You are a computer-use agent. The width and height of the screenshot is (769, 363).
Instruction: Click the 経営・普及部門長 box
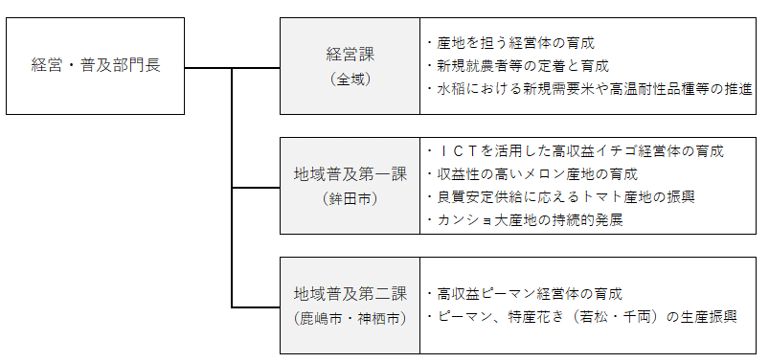coord(95,66)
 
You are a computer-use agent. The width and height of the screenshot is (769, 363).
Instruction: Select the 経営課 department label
coord(349,55)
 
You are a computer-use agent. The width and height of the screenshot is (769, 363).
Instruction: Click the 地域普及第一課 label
coord(349,175)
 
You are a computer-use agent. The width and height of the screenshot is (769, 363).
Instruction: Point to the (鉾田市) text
coord(349,198)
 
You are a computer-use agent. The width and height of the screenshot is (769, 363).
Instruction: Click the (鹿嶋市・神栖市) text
coord(349,316)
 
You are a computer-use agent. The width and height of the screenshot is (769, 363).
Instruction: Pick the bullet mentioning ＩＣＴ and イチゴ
coord(575,151)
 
